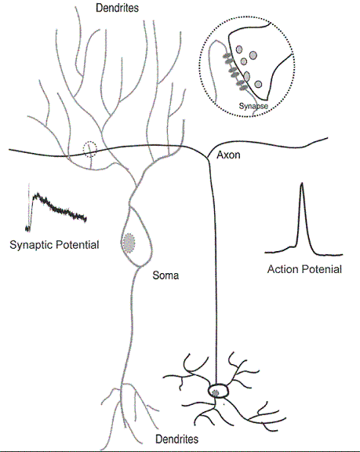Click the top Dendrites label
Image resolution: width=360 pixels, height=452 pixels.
click(117, 8)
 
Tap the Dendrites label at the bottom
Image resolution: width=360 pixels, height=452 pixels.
click(176, 439)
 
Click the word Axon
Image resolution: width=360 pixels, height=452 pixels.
click(228, 155)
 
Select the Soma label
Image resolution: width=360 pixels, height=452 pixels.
click(165, 275)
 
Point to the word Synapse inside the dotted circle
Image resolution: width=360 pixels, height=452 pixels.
click(253, 106)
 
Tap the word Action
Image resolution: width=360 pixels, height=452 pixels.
click(282, 269)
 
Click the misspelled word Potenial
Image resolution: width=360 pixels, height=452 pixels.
click(322, 269)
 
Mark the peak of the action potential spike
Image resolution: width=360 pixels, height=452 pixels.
click(301, 183)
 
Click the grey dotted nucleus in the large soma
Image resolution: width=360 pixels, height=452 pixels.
click(129, 243)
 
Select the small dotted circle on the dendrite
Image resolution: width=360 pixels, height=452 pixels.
click(90, 149)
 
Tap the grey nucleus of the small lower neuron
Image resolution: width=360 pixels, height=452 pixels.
click(215, 392)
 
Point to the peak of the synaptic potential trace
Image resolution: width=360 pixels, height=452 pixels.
click(37, 195)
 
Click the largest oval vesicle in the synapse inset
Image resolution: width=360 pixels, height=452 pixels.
click(247, 76)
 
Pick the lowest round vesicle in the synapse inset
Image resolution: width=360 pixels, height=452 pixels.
click(258, 84)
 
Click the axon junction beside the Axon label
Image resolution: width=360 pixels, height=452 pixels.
click(208, 158)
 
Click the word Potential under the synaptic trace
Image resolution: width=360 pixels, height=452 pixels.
click(77, 245)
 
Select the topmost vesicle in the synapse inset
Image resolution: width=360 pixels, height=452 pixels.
click(239, 49)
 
